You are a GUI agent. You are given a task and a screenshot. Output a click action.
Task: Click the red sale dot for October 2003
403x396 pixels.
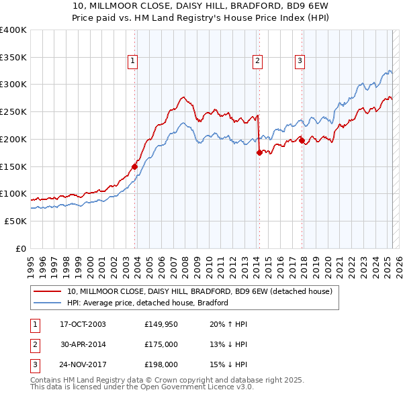click(x=134, y=166)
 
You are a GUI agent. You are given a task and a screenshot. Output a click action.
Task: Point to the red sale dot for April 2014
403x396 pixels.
click(x=259, y=152)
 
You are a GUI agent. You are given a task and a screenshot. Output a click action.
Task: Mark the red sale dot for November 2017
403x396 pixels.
click(x=302, y=140)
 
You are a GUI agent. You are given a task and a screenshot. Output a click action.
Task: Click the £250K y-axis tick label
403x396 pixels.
click(x=13, y=111)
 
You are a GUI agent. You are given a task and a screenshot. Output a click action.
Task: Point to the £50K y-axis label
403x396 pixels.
click(x=16, y=221)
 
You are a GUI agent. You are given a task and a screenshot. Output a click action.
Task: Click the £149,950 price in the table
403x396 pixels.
click(x=161, y=324)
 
